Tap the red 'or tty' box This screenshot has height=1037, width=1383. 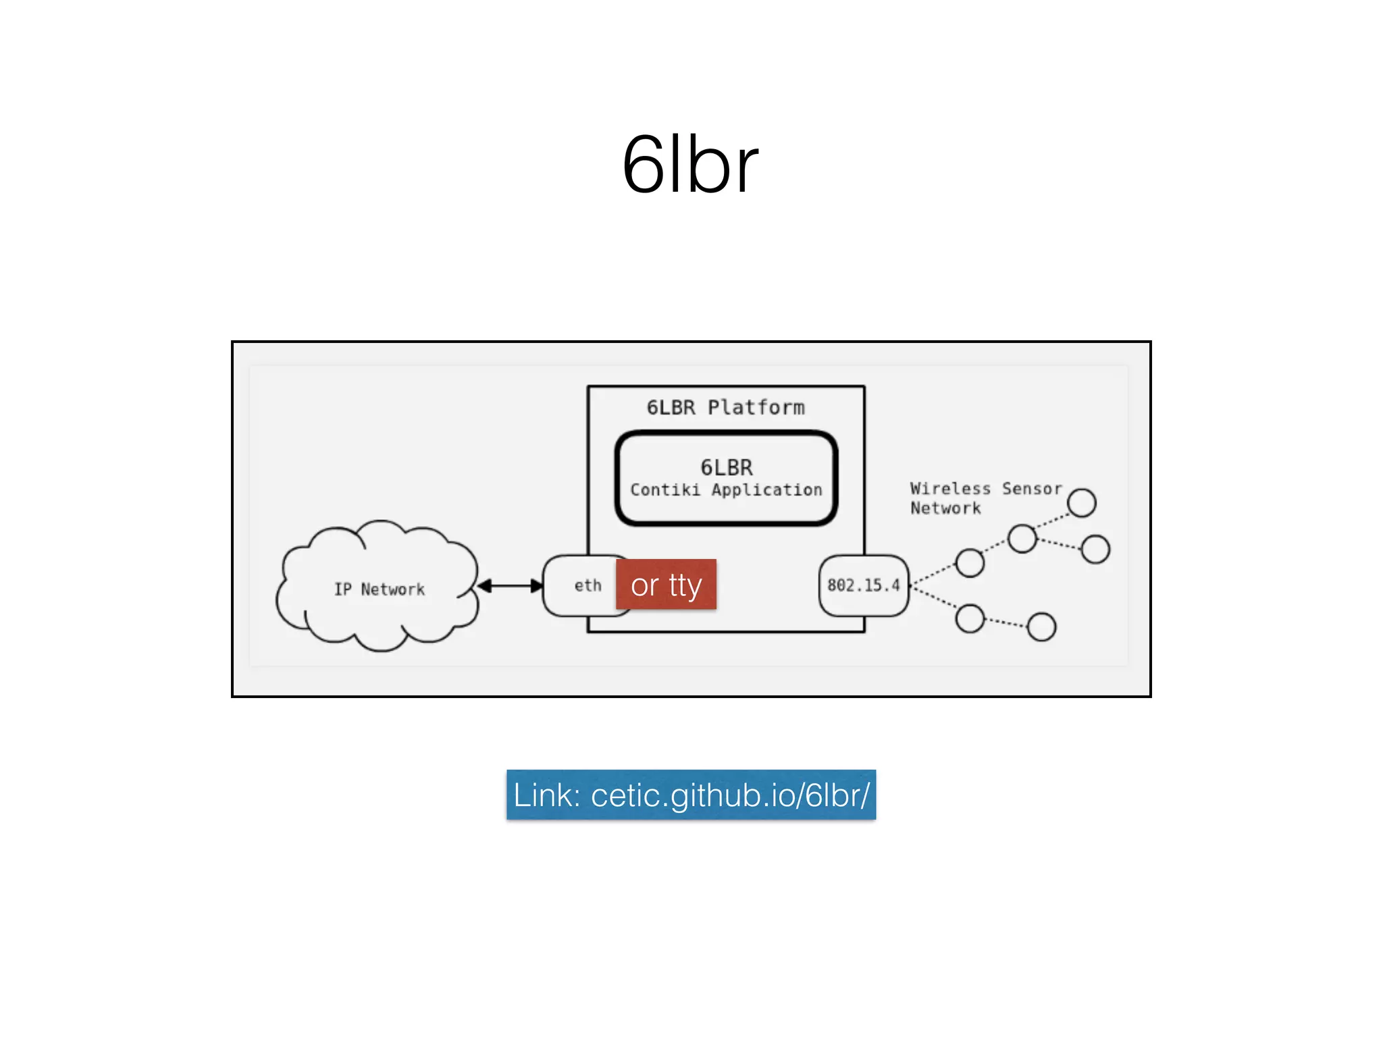(x=666, y=585)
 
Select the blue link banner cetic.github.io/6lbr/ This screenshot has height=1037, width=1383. (x=691, y=795)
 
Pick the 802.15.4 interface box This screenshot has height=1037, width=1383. (x=864, y=585)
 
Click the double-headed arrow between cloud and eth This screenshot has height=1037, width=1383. (x=510, y=585)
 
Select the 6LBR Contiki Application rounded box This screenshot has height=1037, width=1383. (x=726, y=478)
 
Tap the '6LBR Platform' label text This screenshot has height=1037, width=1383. (x=725, y=407)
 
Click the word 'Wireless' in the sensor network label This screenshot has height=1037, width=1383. (x=950, y=488)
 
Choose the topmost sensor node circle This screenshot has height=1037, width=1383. (x=1081, y=502)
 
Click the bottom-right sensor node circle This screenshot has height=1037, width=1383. (x=1041, y=627)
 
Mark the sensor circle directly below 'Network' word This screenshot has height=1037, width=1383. (x=970, y=562)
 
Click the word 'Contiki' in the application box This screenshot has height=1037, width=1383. (x=665, y=489)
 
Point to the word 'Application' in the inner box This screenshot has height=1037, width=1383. (x=766, y=489)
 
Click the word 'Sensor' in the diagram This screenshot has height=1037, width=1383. (x=1031, y=488)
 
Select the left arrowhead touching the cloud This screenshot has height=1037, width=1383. (x=484, y=585)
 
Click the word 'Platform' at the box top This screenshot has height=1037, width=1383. (x=756, y=407)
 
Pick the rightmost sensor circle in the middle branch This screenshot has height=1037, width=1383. (x=1095, y=549)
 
